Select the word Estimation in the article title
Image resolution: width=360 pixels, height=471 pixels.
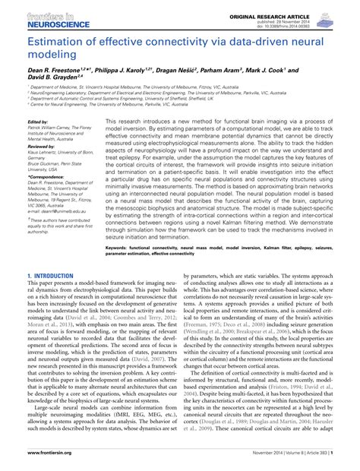(x=56, y=44)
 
